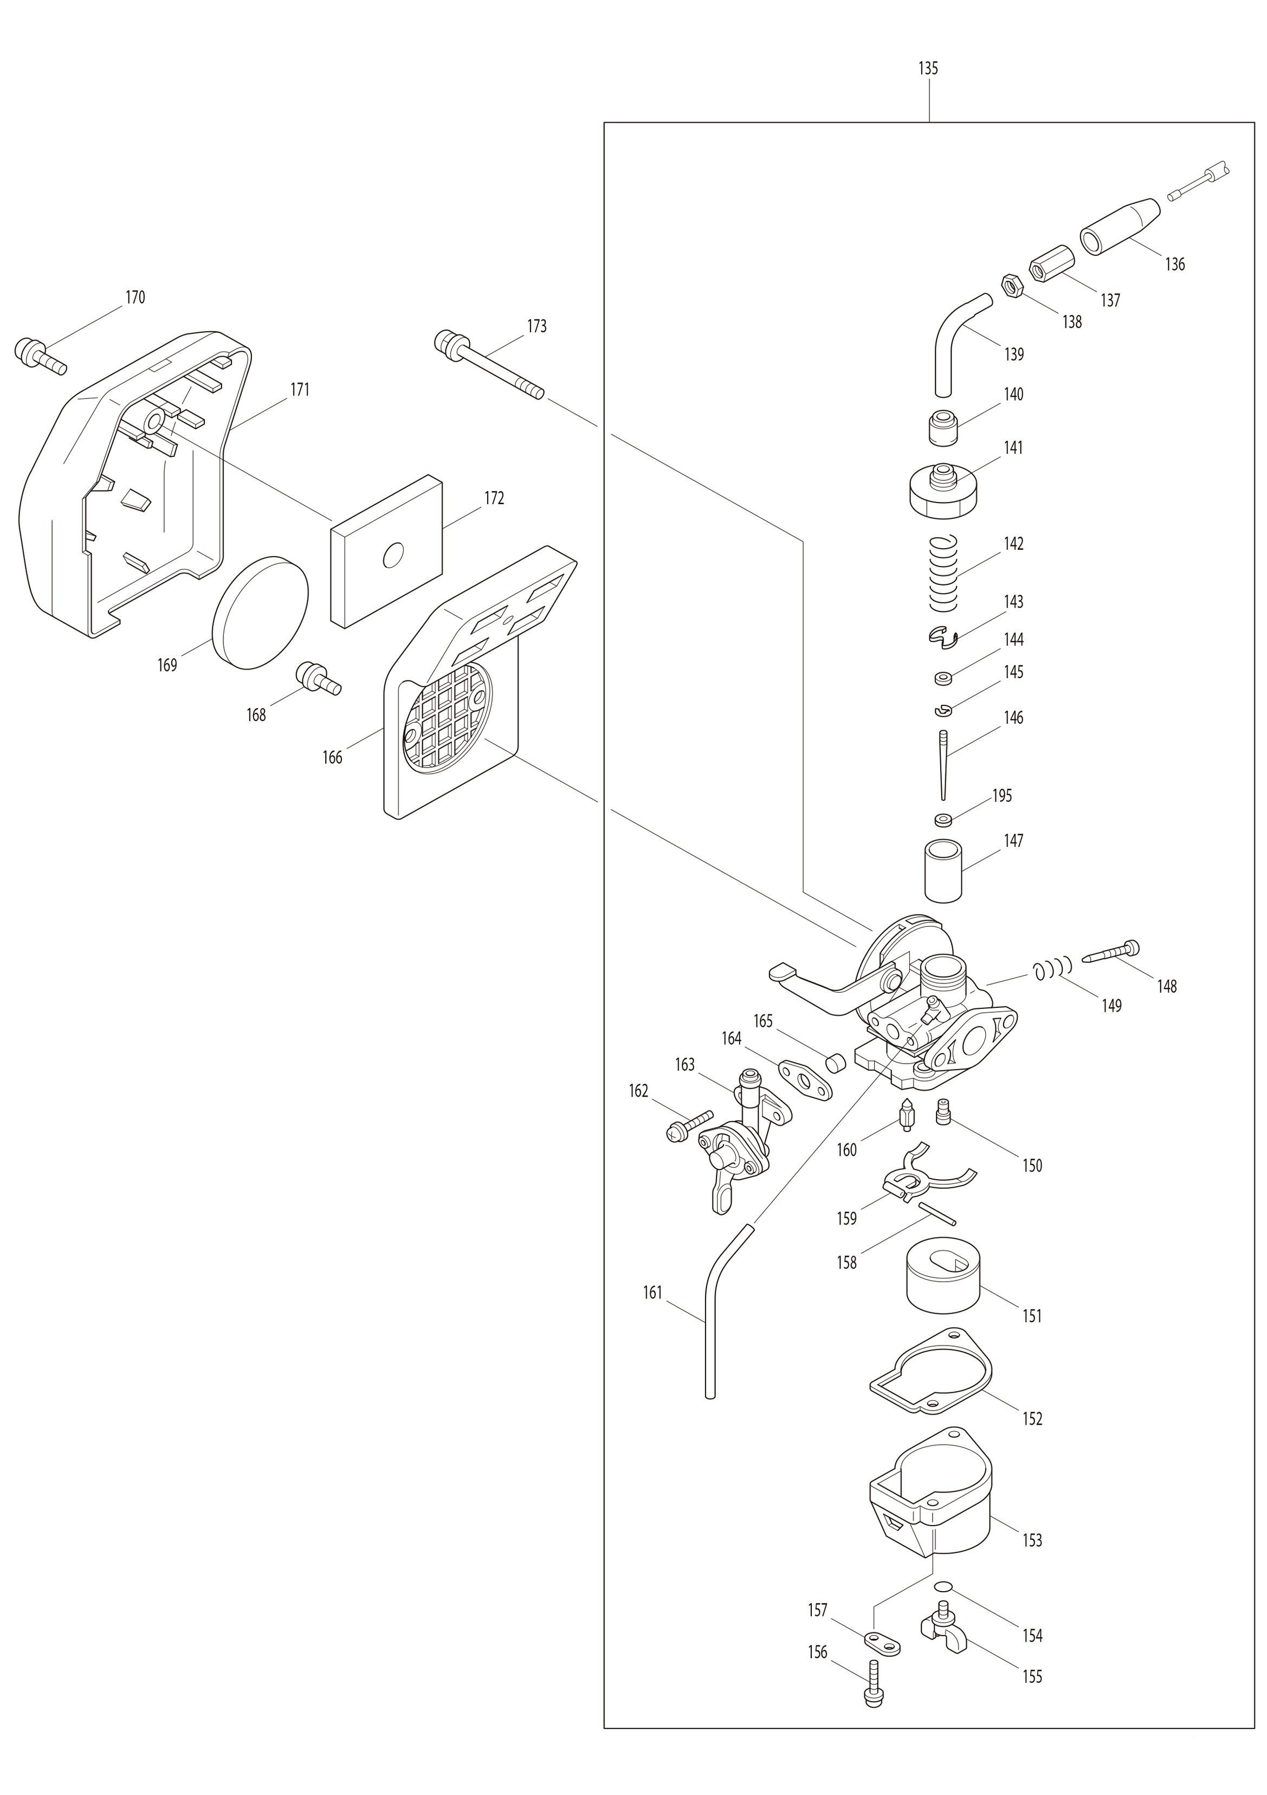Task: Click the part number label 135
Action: pyautogui.click(x=928, y=69)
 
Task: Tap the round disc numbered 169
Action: pyautogui.click(x=260, y=612)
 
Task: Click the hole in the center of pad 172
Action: pyautogui.click(x=392, y=556)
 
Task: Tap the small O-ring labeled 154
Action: pyautogui.click(x=943, y=1586)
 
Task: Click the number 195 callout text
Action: pyautogui.click(x=1001, y=796)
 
